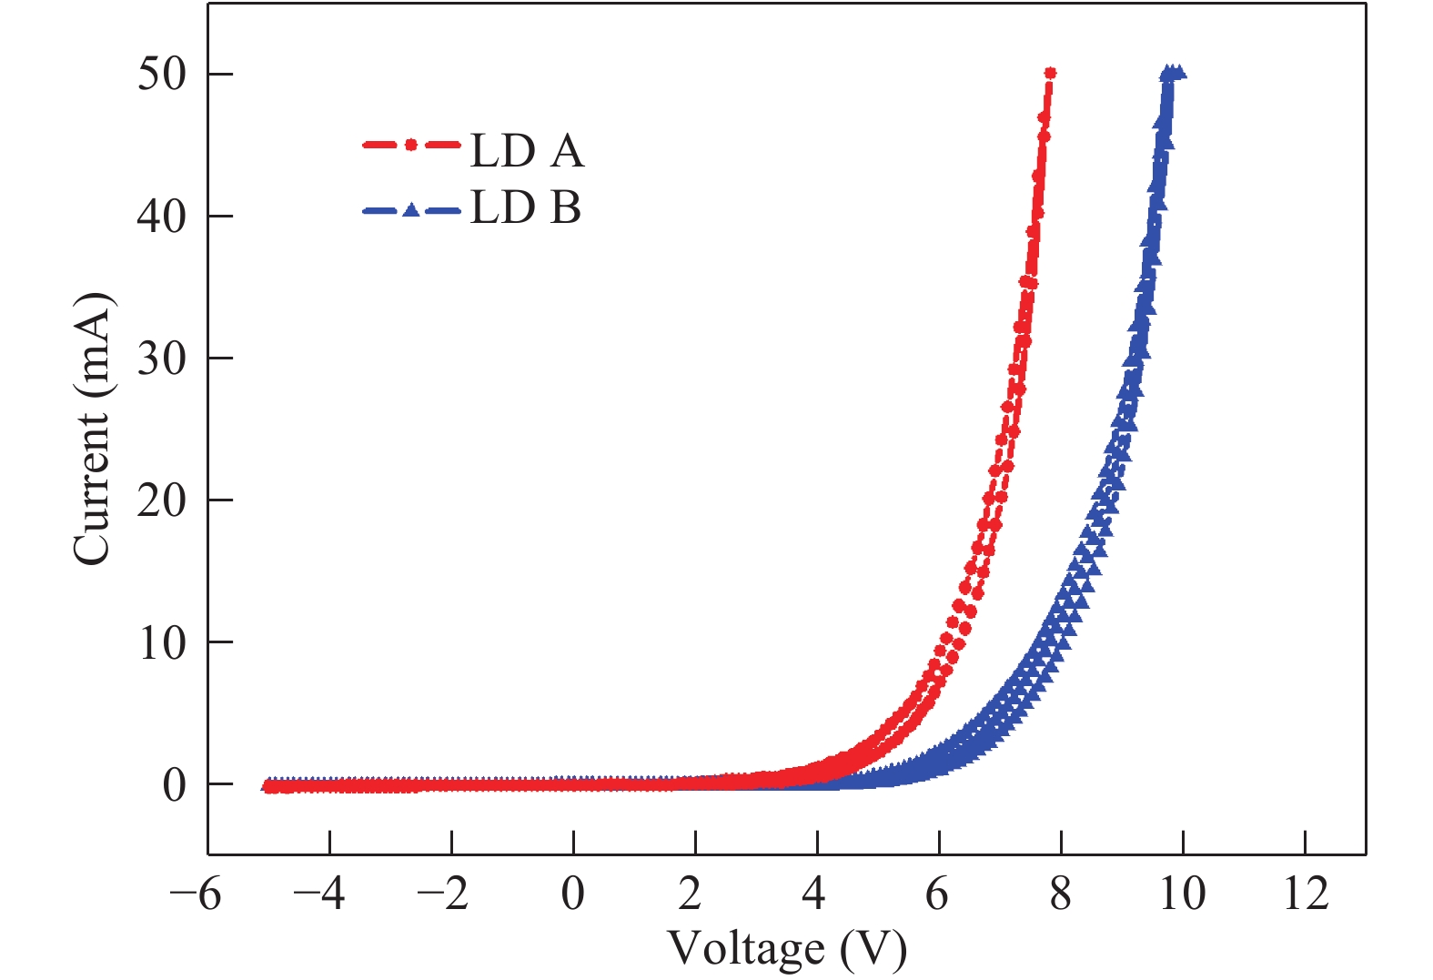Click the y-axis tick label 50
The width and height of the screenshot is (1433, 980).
161,74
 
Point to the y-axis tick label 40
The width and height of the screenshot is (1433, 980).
161,217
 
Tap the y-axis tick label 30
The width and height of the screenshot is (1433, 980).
161,359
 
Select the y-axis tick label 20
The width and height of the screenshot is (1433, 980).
161,500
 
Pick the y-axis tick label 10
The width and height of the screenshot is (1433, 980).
161,643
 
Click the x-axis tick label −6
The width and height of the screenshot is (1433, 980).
196,894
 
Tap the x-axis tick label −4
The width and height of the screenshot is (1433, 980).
318,894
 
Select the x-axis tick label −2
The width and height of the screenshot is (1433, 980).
441,894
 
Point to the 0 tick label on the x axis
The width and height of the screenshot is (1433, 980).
573,894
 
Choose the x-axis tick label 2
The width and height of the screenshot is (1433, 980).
691,894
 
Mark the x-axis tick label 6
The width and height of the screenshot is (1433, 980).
937,894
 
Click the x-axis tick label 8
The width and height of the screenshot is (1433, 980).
1060,894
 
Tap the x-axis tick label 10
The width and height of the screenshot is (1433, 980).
1182,894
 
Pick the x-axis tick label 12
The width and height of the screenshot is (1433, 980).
1306,894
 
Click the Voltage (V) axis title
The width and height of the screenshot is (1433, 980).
787,949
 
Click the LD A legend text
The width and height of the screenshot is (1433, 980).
527,151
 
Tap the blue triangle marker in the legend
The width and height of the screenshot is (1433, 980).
411,210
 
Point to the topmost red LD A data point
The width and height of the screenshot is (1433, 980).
1050,73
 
